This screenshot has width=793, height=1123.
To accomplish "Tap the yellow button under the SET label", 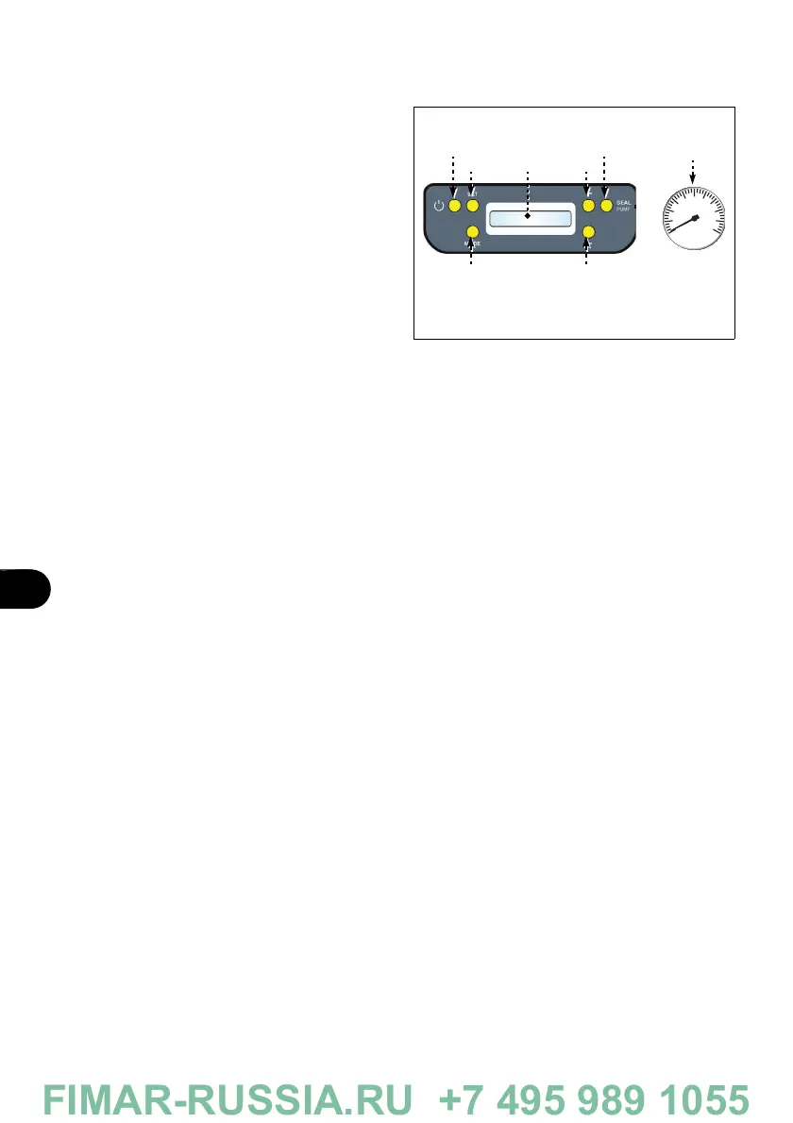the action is click(x=473, y=206).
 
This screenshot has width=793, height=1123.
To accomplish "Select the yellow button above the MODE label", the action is click(x=473, y=232).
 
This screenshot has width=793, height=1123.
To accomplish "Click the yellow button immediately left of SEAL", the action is click(x=605, y=205).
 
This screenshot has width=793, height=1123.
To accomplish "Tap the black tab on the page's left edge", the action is click(x=25, y=589).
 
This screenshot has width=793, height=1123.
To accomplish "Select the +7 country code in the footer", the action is click(x=462, y=1098).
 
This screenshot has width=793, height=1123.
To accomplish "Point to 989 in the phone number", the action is click(x=623, y=1098).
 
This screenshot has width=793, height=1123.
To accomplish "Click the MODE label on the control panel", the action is click(x=472, y=243).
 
